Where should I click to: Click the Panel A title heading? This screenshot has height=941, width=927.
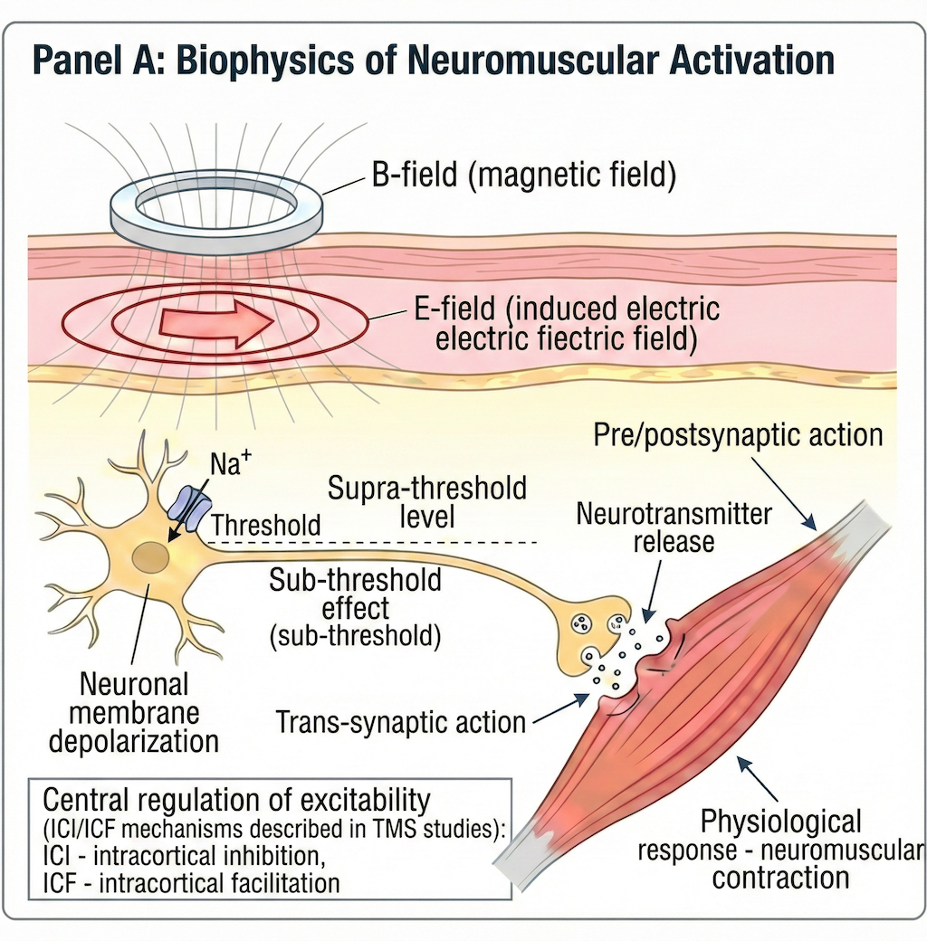(x=433, y=61)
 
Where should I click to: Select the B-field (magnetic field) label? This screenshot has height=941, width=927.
(x=523, y=176)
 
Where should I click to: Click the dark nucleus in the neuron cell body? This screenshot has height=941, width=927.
(x=148, y=558)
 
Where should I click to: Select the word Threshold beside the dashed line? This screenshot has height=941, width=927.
(x=265, y=524)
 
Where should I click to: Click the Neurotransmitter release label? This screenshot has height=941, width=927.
(x=674, y=528)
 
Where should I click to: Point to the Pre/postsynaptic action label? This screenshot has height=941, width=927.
(x=738, y=434)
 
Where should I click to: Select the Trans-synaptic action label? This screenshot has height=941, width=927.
(x=401, y=722)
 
